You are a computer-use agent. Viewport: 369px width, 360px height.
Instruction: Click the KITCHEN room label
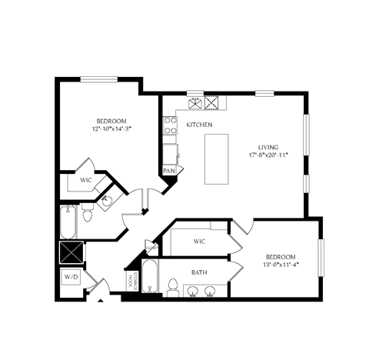198,125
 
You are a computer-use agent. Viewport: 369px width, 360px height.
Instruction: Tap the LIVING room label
268,147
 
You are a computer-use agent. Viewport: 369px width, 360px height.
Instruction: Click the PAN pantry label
168,171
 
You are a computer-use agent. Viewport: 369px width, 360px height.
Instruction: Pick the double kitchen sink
204,100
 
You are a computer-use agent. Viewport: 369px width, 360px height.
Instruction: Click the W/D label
71,278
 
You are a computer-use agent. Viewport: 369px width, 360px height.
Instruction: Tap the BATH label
198,272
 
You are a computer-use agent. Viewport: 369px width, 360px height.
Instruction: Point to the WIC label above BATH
199,242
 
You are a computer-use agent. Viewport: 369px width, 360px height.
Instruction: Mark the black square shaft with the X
71,252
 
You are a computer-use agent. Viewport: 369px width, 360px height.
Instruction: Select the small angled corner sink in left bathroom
107,202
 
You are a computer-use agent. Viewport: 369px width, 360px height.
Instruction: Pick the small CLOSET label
151,247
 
